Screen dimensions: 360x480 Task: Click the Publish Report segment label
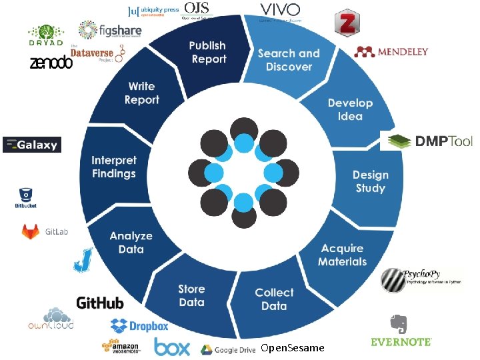pyautogui.click(x=208, y=53)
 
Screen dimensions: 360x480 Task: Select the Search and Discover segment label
pyautogui.click(x=289, y=60)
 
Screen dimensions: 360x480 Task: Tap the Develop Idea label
pyautogui.click(x=350, y=109)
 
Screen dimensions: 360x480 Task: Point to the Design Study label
pyautogui.click(x=370, y=181)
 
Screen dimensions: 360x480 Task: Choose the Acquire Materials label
pyautogui.click(x=342, y=255)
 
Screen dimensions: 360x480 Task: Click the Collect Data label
pyautogui.click(x=274, y=299)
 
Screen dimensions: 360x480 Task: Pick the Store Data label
pyautogui.click(x=191, y=295)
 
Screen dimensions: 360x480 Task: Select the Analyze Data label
pyautogui.click(x=131, y=243)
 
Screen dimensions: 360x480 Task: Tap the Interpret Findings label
pyautogui.click(x=113, y=167)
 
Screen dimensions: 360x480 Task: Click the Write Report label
pyautogui.click(x=141, y=93)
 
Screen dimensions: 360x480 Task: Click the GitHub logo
pyautogui.click(x=100, y=303)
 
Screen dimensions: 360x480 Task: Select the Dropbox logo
pyautogui.click(x=139, y=326)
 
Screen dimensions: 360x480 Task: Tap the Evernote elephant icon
pyautogui.click(x=399, y=324)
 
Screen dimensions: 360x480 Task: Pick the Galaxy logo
pyautogui.click(x=32, y=145)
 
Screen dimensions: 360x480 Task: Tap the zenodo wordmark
pyautogui.click(x=51, y=63)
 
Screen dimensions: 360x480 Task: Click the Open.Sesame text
pyautogui.click(x=293, y=348)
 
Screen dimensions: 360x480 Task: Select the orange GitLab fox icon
pyautogui.click(x=31, y=231)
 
